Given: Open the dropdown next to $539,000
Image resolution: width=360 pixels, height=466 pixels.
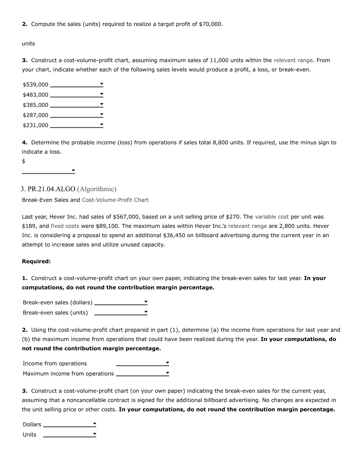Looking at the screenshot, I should (102, 84).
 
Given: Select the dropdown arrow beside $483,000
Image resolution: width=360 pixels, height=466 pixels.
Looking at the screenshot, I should (102, 94).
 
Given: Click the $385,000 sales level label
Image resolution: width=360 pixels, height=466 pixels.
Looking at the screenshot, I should (36, 105).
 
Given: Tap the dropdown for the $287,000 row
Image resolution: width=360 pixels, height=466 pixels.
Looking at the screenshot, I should (102, 115).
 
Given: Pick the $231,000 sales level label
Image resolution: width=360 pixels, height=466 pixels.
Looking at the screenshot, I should (36, 125).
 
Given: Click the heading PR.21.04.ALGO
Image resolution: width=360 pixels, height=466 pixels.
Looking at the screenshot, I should (51, 189).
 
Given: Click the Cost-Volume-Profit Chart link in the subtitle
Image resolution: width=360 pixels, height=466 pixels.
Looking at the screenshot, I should (115, 200).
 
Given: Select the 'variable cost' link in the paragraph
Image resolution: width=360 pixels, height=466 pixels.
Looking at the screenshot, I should (272, 217).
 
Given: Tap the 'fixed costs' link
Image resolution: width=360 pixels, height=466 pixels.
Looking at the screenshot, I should (65, 226).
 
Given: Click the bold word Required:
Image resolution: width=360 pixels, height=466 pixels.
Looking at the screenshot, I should (36, 262).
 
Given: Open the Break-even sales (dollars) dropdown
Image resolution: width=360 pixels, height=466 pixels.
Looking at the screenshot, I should (146, 302).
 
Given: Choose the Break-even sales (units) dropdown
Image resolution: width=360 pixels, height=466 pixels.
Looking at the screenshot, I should (146, 312).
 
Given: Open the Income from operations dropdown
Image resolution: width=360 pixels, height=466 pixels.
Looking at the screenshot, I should (167, 363).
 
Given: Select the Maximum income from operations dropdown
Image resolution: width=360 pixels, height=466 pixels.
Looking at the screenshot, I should (167, 373).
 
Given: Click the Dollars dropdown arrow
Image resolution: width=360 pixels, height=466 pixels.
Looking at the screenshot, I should (95, 424).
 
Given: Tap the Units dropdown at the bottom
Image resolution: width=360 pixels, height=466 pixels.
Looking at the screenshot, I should (95, 434).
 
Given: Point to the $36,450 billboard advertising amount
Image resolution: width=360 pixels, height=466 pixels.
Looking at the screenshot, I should (174, 236).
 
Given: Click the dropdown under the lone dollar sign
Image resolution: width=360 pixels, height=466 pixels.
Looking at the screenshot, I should (73, 171).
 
